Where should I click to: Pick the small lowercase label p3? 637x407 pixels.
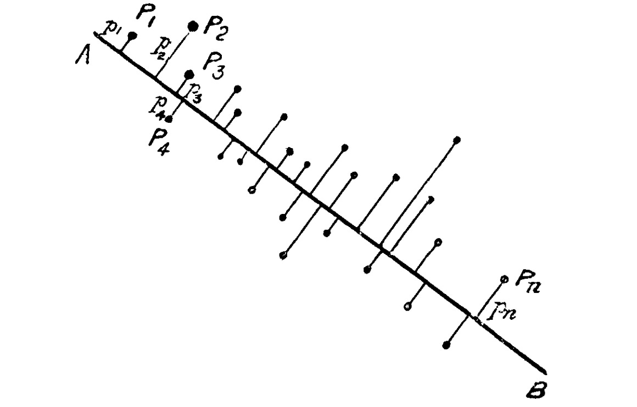tap(195, 94)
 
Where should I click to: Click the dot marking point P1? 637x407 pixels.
tap(132, 36)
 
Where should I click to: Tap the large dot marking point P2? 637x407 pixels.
tap(193, 26)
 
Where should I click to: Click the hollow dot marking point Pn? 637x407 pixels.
tap(504, 279)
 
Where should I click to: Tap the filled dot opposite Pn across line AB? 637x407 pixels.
tap(446, 345)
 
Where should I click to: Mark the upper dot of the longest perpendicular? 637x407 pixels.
tap(457, 140)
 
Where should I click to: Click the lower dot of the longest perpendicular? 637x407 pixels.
tap(367, 269)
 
